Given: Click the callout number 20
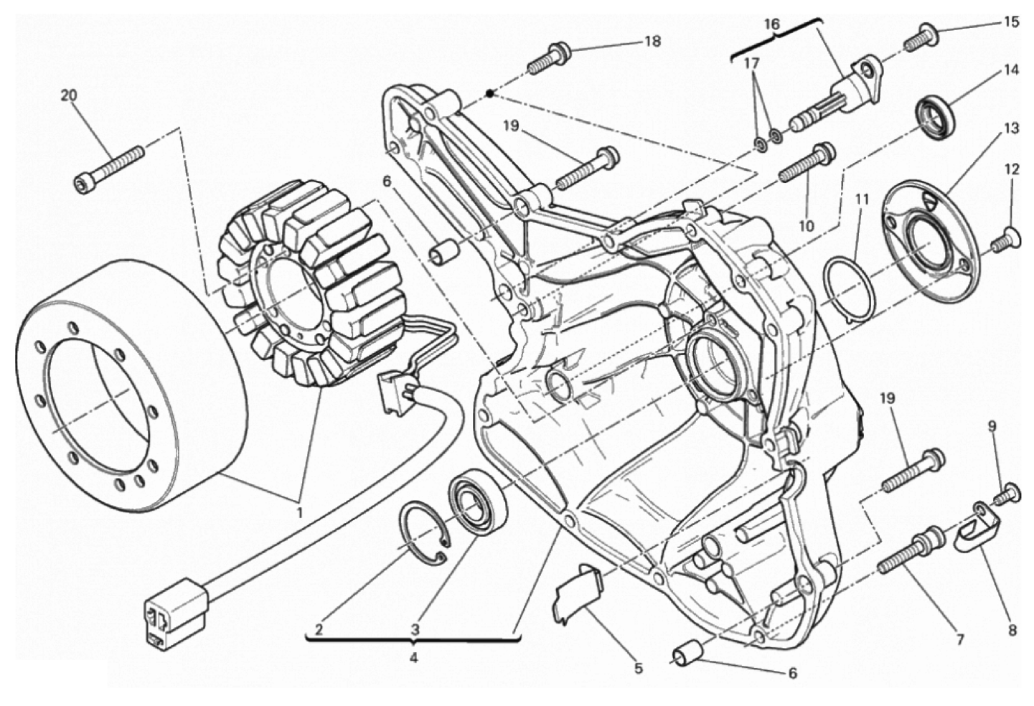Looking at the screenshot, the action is click(69, 95).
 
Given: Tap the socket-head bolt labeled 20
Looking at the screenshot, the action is click(109, 169).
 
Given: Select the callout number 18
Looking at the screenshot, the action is click(652, 41).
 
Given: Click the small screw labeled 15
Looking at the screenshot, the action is click(921, 35).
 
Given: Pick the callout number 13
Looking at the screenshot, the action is click(1010, 128).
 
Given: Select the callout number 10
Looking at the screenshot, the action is click(807, 225).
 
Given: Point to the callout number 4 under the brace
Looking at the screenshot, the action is click(413, 657).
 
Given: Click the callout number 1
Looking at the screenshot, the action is click(299, 512).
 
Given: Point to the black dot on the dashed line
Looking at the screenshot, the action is click(490, 94).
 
